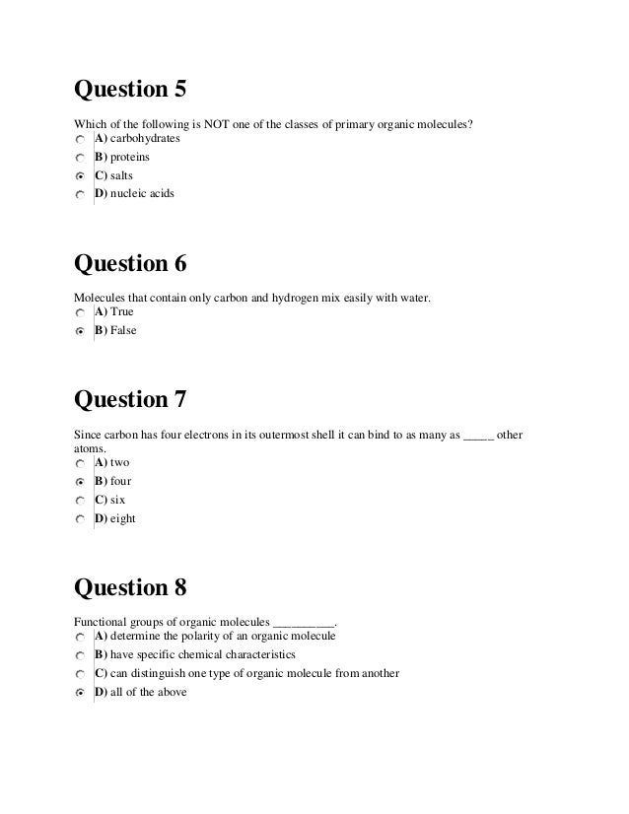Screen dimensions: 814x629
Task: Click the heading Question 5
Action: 130,90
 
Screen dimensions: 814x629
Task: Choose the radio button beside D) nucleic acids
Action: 80,195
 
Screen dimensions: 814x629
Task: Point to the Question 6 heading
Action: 130,264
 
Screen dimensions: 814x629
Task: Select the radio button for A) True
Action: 80,312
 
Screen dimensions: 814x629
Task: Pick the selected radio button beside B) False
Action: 80,331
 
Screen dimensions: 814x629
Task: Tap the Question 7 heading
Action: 130,401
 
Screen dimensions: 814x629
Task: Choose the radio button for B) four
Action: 80,482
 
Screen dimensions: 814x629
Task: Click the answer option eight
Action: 122,518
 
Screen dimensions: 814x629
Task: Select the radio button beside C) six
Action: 80,501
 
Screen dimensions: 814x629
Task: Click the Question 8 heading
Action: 130,587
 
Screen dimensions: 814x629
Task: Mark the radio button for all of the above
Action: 80,694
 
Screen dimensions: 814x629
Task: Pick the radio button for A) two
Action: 80,463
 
